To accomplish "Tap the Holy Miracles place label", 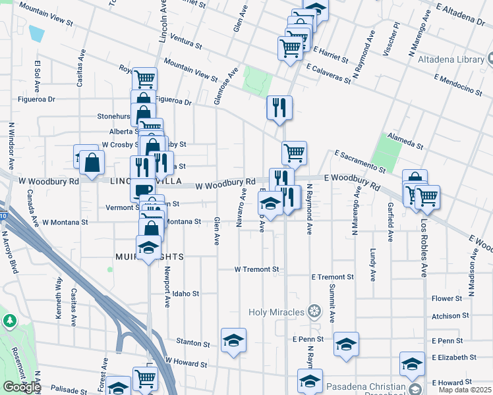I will pos(276,311).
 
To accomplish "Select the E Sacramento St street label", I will pos(360,161).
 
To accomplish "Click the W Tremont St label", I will pos(257,269).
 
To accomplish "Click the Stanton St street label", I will pos(193,343).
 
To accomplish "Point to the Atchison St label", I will pos(449,316).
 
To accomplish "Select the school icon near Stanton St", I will pos(233,340).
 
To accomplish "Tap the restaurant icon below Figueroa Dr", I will pos(279,107).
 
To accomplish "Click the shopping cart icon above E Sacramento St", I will pos(294,153).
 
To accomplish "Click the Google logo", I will pos(22,387).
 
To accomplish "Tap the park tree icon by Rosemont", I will pos(9,321).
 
